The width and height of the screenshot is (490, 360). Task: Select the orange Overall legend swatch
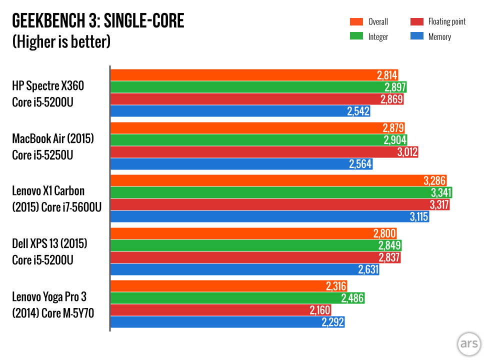(x=356, y=21)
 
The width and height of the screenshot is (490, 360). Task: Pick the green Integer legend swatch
(x=356, y=36)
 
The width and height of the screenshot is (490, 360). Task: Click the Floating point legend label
(x=447, y=21)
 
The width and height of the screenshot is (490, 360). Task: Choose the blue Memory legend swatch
(x=416, y=36)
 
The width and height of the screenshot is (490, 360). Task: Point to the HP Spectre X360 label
(x=48, y=86)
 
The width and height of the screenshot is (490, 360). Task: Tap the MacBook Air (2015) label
(x=53, y=138)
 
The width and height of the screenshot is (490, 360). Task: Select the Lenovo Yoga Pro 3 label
(x=49, y=297)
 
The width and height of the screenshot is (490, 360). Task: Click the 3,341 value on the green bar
(x=441, y=192)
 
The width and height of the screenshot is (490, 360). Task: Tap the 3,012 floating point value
(x=407, y=151)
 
